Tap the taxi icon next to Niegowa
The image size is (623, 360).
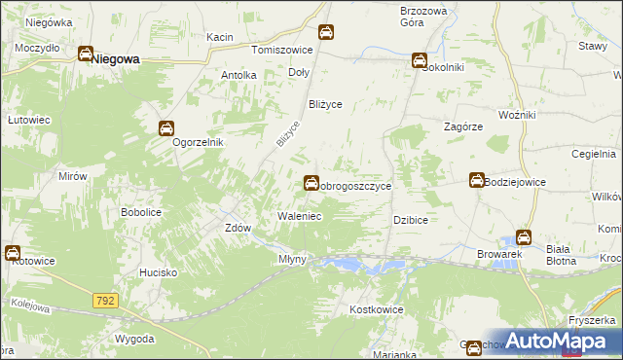[x=86, y=55]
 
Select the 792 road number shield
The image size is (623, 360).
[x=106, y=302]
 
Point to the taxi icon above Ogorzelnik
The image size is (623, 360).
[x=166, y=127]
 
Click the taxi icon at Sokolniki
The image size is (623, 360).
[x=420, y=60]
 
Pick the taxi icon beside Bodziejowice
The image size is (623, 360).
[x=476, y=180]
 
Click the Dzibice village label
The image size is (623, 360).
[x=411, y=220]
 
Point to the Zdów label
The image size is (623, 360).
[x=238, y=228]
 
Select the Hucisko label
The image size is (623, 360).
[x=158, y=273]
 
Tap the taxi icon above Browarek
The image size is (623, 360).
[x=523, y=236]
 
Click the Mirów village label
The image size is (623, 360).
[x=73, y=176]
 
